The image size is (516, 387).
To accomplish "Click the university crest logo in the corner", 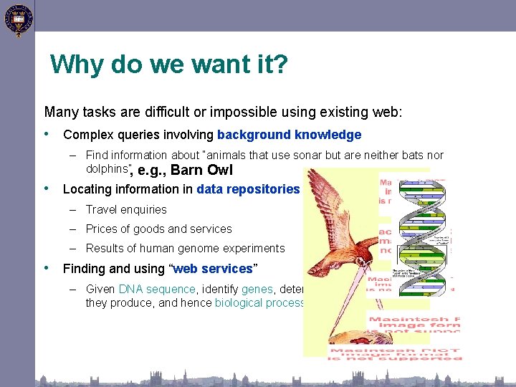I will [17, 19].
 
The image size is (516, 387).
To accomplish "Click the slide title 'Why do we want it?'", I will [169, 65].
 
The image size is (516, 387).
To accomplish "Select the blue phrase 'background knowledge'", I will [289, 135].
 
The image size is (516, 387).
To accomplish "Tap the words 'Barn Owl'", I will [201, 171].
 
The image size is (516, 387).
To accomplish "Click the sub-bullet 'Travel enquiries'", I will [126, 209].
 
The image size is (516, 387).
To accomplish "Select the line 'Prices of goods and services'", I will [158, 229].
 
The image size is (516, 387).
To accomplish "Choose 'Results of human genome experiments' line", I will [185, 249].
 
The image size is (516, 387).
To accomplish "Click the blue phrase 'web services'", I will [213, 269].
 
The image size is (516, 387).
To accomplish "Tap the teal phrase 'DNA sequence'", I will [157, 290].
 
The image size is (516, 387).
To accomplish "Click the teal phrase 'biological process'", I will [259, 302].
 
